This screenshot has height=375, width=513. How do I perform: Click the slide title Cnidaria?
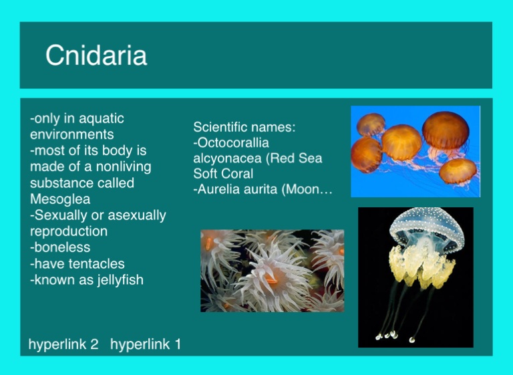click(x=96, y=55)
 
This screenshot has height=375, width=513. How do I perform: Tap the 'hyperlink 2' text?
click(x=63, y=344)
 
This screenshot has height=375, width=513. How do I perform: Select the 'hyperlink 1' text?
click(x=146, y=344)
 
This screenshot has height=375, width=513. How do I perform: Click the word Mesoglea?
click(x=60, y=199)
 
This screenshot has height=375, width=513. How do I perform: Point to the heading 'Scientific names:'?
click(x=244, y=127)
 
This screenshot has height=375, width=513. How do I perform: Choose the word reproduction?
click(x=69, y=231)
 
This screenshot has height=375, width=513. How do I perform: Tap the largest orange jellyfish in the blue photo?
click(x=446, y=130)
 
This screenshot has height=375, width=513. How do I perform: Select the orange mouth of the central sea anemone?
click(x=271, y=280)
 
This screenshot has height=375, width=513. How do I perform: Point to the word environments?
click(x=72, y=134)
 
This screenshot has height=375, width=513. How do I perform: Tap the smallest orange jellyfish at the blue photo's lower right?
click(x=458, y=171)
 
